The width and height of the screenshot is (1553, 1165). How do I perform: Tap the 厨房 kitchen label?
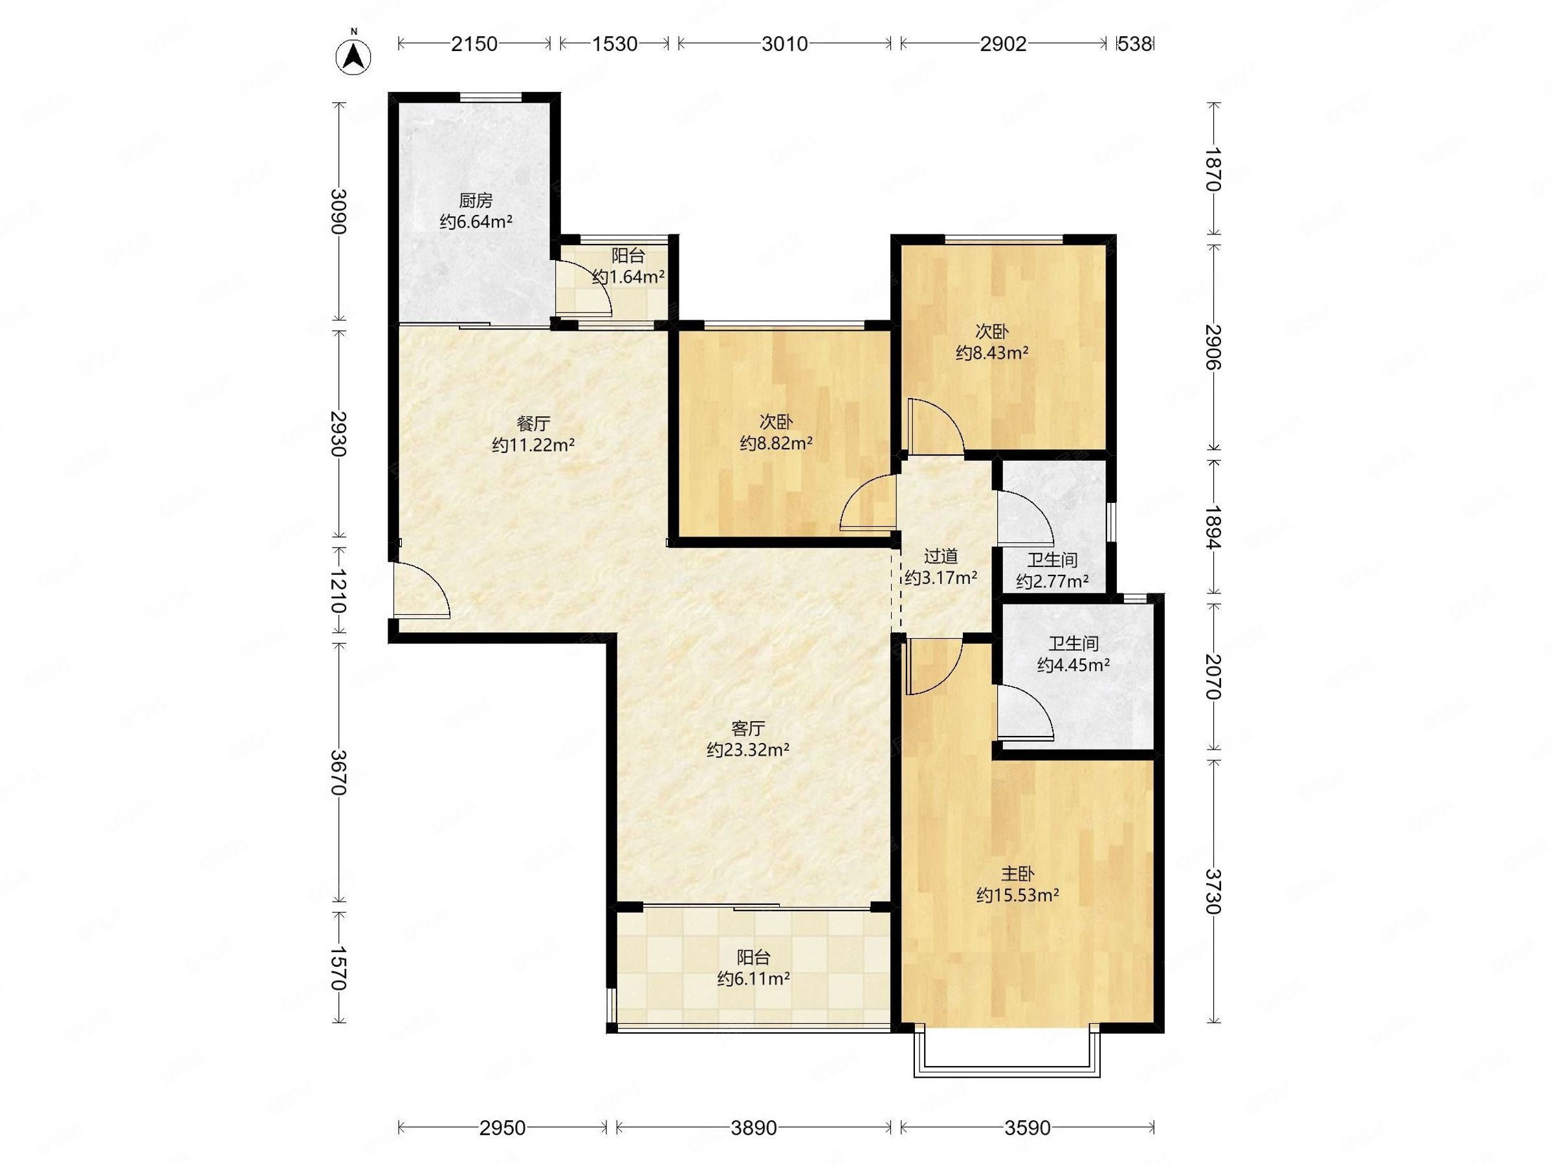476,201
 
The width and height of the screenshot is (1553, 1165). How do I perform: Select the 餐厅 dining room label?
533,423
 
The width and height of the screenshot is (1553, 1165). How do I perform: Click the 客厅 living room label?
748,728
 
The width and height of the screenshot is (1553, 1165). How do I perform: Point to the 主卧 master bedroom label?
1017,874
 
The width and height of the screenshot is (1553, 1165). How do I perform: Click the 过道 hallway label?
941,556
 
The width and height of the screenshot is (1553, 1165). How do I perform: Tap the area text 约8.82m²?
776,443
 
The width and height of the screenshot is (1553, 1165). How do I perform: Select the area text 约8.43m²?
992,353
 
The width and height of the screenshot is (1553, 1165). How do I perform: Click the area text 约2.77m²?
1052,581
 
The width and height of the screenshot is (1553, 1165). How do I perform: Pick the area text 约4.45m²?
1074,664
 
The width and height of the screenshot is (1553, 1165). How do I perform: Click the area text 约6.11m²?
754,978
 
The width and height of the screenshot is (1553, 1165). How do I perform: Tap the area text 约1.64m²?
628,276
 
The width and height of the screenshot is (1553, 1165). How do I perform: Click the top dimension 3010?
785,44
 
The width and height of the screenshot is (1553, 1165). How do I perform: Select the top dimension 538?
1134,44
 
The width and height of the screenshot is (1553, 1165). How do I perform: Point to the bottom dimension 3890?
754,1127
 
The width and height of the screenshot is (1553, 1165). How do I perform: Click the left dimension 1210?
338,592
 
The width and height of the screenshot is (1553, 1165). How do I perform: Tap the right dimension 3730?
1213,891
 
